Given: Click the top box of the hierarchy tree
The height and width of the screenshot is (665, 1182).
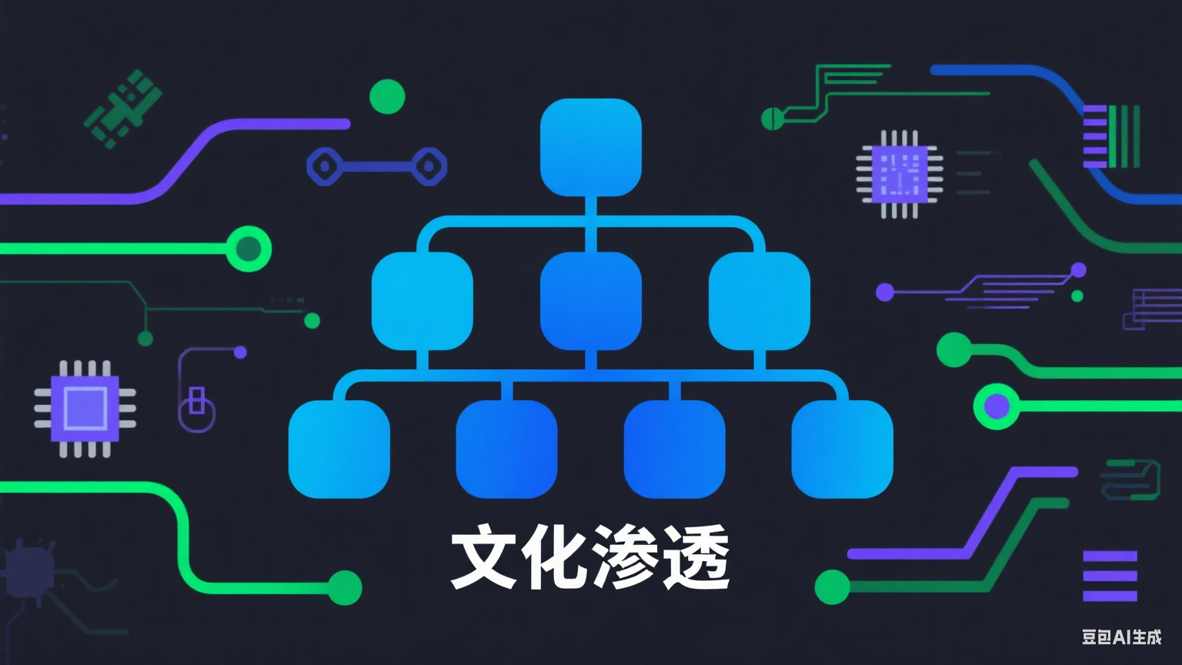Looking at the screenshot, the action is click(x=591, y=147).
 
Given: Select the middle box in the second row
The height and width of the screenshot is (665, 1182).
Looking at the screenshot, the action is click(x=591, y=301).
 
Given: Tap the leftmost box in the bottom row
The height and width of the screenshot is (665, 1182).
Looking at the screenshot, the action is click(x=339, y=449).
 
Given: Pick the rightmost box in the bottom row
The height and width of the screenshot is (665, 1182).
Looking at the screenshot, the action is click(x=843, y=449).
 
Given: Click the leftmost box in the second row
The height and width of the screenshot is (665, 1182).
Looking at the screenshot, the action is click(x=422, y=301).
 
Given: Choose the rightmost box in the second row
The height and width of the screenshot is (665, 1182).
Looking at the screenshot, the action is click(x=760, y=301).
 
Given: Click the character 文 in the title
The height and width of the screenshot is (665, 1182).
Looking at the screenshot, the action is click(x=483, y=557).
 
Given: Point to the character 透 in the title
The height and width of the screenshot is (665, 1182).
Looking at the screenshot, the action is click(x=696, y=557).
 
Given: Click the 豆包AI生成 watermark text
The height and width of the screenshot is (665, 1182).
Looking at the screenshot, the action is click(x=1121, y=637).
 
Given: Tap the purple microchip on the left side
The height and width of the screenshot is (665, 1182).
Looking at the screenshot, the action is click(x=85, y=408).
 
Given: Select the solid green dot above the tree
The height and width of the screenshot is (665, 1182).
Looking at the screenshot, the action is click(x=387, y=97).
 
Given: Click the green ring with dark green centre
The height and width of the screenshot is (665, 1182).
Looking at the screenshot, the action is click(x=249, y=249).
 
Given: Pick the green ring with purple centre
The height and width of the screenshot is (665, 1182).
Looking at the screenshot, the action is click(x=997, y=406).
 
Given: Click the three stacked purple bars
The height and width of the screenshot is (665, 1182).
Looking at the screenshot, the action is click(x=1110, y=576).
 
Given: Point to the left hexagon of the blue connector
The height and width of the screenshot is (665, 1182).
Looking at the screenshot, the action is click(x=325, y=166).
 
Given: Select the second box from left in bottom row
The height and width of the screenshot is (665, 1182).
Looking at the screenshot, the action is click(x=506, y=449).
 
